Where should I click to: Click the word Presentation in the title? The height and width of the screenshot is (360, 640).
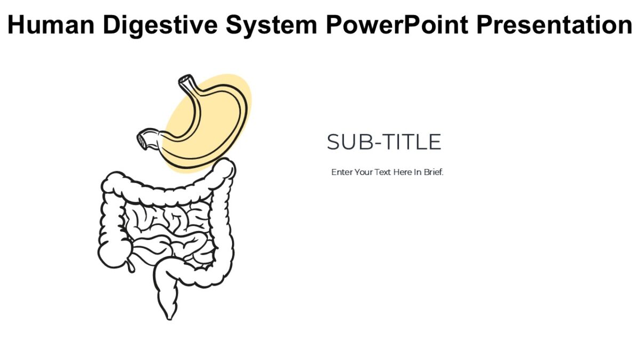[555, 25]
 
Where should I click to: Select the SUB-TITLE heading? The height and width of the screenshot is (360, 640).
[383, 142]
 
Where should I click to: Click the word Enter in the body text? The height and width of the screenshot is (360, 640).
[341, 173]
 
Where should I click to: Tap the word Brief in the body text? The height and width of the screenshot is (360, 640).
[433, 173]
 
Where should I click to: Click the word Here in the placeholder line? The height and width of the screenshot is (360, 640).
[403, 173]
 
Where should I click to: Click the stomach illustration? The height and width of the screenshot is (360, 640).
[213, 128]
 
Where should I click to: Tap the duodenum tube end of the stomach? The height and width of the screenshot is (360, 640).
[144, 140]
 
